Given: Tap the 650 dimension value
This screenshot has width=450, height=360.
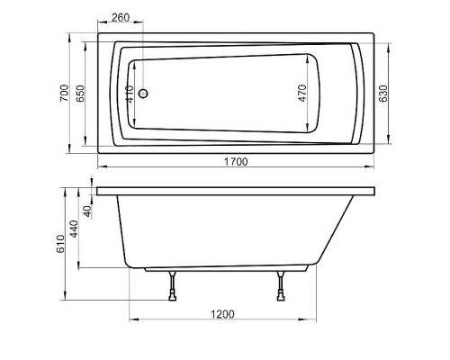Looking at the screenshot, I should [82, 92].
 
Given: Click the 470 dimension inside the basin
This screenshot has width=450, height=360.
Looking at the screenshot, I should [302, 92].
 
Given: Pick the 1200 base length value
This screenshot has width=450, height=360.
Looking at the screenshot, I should [222, 313].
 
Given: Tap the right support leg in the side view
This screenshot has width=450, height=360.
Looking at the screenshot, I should [283, 287].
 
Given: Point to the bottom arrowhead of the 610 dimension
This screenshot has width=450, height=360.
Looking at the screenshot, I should [67, 300].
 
